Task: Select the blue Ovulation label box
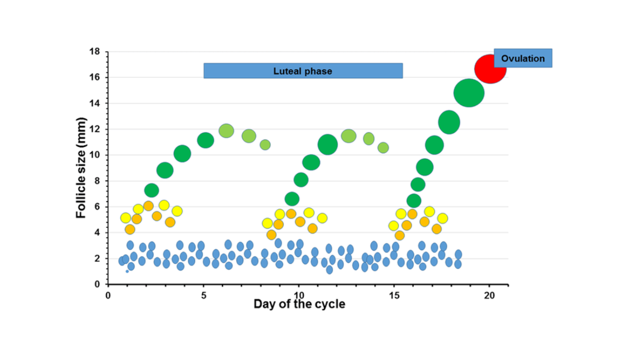523,58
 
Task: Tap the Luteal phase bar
303,71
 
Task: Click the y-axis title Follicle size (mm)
81,168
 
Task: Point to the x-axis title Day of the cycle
299,304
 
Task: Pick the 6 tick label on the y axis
97,207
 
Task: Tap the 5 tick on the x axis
203,296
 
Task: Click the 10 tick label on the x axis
299,296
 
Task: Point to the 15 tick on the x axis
394,296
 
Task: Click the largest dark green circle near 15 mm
469,93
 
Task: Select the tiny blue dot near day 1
128,271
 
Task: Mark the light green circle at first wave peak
226,131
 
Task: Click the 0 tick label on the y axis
97,284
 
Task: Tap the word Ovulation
523,58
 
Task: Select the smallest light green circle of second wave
383,148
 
